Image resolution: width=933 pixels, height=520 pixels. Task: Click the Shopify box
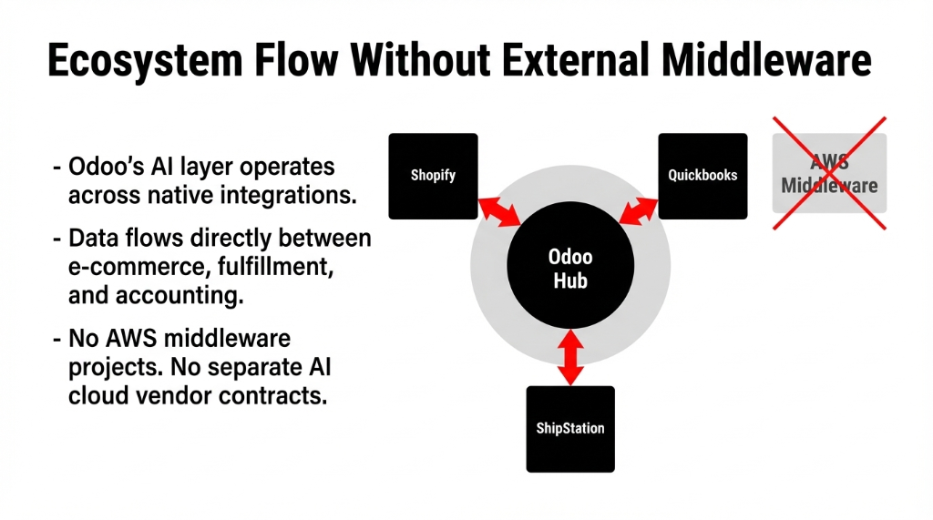click(x=433, y=176)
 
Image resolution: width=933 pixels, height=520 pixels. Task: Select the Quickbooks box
click(x=702, y=176)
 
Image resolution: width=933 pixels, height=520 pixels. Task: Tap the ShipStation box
click(x=570, y=429)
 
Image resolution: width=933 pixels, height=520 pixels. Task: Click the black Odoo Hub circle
click(x=570, y=269)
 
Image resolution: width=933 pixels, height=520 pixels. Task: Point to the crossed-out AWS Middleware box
click(x=829, y=173)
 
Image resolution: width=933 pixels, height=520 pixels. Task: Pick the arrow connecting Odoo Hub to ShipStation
click(x=570, y=358)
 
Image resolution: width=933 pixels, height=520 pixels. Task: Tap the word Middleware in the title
click(x=767, y=62)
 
